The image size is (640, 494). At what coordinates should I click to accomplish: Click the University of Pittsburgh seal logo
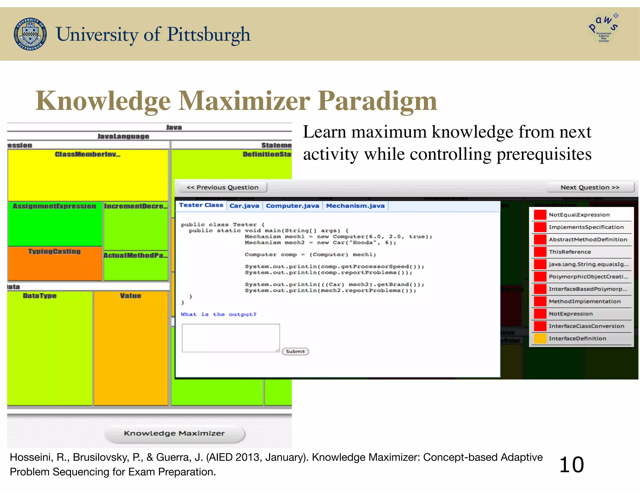click(30, 34)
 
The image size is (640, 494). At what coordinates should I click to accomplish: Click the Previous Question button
click(222, 187)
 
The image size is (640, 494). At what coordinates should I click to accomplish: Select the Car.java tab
click(244, 206)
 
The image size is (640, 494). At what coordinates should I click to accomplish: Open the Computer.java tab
click(292, 206)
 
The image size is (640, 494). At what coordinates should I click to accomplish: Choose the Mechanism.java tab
click(355, 206)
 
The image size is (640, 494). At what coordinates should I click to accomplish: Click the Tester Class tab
click(201, 205)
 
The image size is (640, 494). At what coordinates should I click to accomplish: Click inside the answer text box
click(231, 338)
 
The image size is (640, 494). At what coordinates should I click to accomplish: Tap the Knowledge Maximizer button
click(174, 433)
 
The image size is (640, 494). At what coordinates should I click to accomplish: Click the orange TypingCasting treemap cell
click(55, 264)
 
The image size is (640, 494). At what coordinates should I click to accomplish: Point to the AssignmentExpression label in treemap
click(54, 206)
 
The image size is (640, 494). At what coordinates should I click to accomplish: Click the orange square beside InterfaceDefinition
click(540, 338)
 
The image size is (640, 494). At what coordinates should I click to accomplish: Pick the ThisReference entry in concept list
click(570, 252)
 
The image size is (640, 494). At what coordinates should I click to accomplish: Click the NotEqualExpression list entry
click(579, 215)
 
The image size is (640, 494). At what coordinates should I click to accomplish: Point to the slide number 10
click(571, 465)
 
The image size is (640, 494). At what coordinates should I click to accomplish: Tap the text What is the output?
click(218, 314)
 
